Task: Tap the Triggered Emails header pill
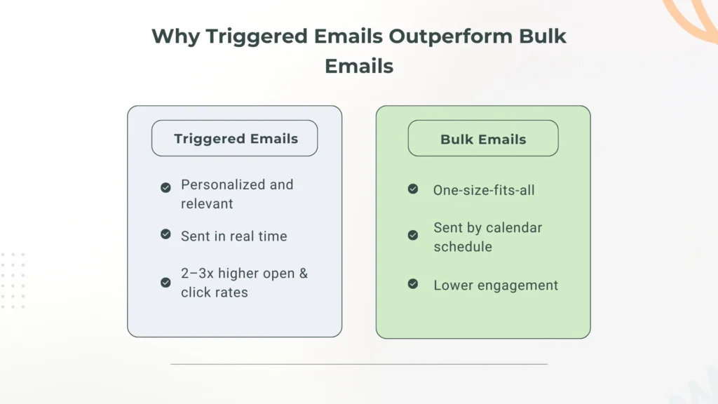tap(235, 138)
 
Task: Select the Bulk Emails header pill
tap(483, 138)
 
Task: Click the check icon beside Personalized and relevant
tap(165, 187)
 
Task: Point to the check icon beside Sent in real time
tap(165, 234)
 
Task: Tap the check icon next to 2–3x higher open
tap(165, 282)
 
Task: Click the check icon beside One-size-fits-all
tap(413, 189)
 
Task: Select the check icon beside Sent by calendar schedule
tap(413, 235)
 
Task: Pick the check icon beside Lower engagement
tap(413, 283)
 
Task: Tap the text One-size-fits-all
tap(484, 190)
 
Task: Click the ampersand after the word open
tap(303, 274)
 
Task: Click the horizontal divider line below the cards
tap(359, 364)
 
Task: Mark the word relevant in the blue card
tap(207, 204)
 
